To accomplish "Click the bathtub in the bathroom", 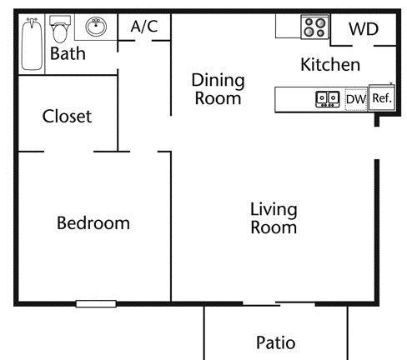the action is click(x=32, y=44).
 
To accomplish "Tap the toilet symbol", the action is click(x=60, y=29).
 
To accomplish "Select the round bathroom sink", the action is click(x=96, y=27).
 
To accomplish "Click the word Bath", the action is click(x=68, y=53).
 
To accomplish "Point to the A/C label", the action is click(x=144, y=27).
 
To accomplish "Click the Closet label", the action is click(x=67, y=116).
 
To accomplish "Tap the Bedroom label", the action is click(x=93, y=223).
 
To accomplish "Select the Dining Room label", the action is click(x=219, y=89).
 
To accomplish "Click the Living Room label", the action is click(x=274, y=218).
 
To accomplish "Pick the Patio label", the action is click(x=276, y=342).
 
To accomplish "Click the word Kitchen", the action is click(x=330, y=65).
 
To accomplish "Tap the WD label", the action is click(x=364, y=29).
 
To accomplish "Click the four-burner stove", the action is click(x=315, y=27).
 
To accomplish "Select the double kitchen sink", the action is click(x=328, y=99).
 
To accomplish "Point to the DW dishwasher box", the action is click(x=356, y=99).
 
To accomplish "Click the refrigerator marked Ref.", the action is click(x=382, y=97).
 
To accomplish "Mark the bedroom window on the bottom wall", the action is click(x=96, y=304).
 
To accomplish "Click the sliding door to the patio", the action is click(x=279, y=303).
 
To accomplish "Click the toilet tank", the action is click(x=60, y=20).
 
